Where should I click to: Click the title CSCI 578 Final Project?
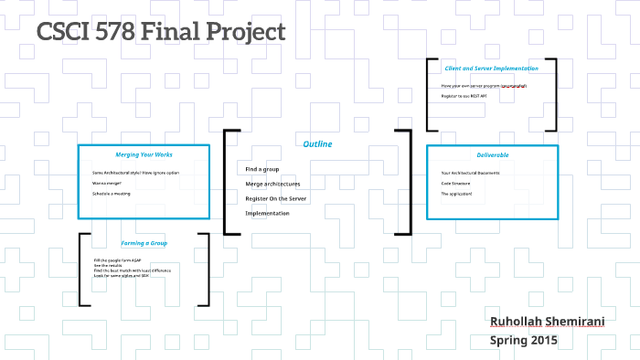[x=161, y=33]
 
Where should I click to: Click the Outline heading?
[x=318, y=144]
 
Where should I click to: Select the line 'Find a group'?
[x=262, y=169]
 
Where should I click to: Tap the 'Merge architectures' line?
[x=272, y=184]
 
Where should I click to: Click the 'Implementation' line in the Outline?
[x=267, y=213]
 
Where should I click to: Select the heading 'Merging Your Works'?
[x=144, y=154]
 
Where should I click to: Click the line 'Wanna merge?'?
[x=107, y=183]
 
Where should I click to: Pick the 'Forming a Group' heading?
[x=144, y=243]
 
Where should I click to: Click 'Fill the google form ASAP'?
[x=117, y=260]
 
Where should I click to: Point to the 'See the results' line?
[x=108, y=266]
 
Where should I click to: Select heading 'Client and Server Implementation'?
[x=491, y=69]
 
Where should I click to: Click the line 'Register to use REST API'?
[x=469, y=96]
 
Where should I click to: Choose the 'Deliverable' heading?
[x=492, y=154]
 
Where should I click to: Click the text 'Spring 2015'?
[x=524, y=340]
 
